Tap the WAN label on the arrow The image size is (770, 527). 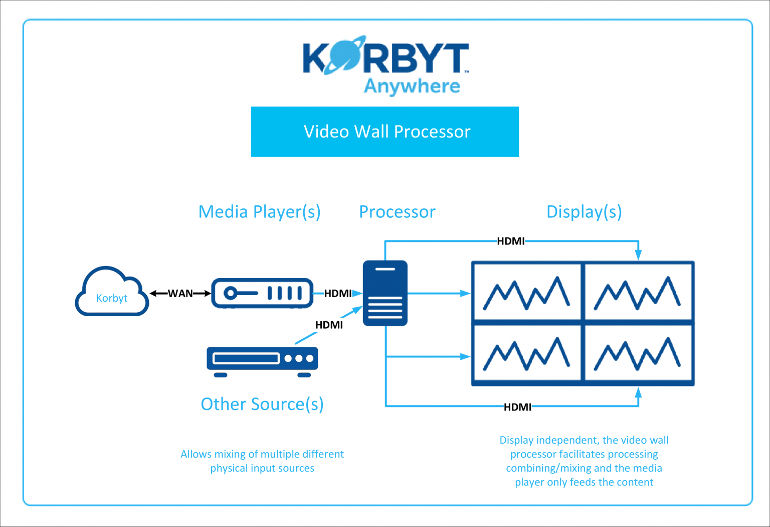pos(180,294)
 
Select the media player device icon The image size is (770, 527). pos(262,293)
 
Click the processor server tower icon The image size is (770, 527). pos(385,293)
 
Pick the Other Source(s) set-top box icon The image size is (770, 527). pos(262,360)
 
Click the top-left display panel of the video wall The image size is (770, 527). pos(526,291)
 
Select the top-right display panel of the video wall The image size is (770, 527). pos(638,291)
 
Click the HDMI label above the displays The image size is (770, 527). pos(510,241)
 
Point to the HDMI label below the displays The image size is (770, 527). pos(517,407)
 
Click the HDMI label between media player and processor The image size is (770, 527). pos(338,294)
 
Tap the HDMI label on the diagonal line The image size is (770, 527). pos(329,325)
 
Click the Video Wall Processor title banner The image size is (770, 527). pos(385,131)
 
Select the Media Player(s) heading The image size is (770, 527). pos(259,212)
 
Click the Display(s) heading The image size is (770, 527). pos(584,212)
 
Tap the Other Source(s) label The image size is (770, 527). pos(262,404)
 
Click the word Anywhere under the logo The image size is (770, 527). pos(412,86)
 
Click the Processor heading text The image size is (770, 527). pos(397,212)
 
